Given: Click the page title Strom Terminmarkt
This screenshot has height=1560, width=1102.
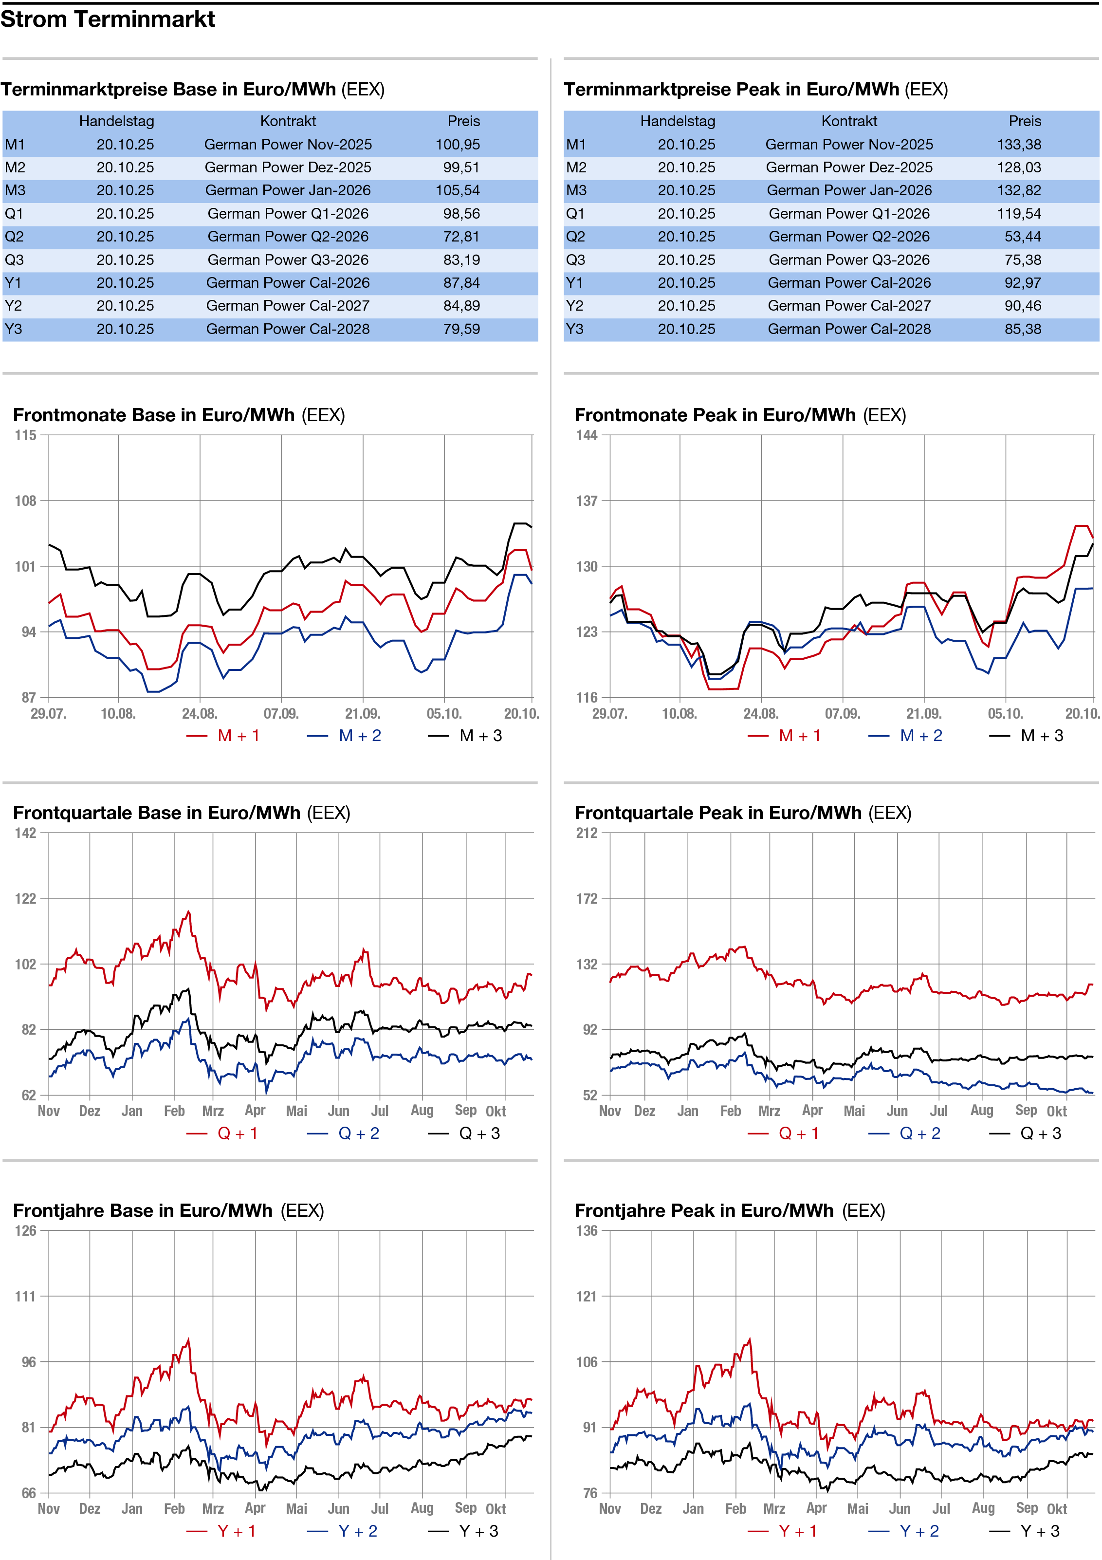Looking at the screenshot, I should (108, 19).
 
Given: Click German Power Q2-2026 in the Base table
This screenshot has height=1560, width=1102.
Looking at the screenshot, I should (288, 237).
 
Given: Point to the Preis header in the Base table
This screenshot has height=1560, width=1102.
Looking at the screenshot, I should (463, 121).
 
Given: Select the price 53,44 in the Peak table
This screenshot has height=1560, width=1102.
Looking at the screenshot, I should (1023, 237).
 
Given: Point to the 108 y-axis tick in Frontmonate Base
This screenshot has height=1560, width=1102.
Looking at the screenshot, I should (26, 501).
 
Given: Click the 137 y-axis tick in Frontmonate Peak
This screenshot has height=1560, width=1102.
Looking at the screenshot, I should (587, 501).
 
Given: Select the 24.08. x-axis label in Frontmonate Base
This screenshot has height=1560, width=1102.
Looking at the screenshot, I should (200, 713).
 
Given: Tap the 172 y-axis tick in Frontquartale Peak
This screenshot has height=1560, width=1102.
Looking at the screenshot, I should (587, 898).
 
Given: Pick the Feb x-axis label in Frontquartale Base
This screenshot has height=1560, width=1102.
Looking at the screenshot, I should (175, 1111).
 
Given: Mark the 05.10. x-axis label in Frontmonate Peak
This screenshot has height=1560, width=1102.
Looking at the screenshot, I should (1006, 713).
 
